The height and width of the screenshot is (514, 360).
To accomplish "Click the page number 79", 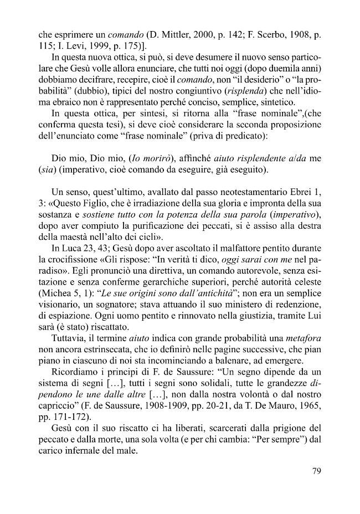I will click(317, 472).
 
